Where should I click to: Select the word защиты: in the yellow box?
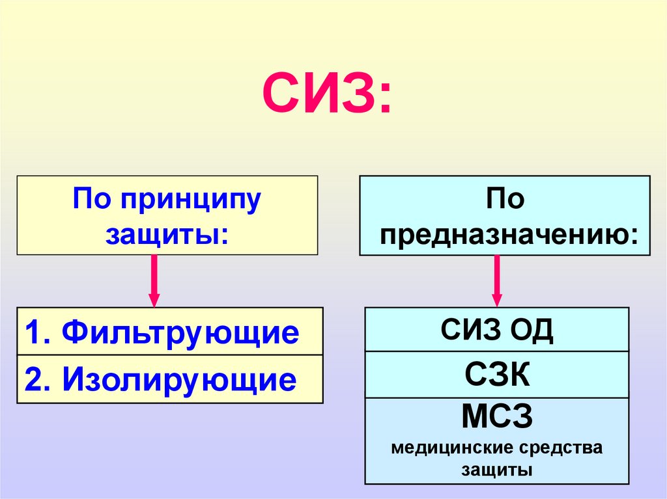click(167, 234)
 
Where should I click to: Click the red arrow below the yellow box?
click(154, 280)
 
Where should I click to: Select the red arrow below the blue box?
click(497, 280)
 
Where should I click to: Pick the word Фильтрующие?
click(181, 332)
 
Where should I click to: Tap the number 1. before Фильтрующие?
click(40, 332)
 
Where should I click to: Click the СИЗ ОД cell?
click(497, 330)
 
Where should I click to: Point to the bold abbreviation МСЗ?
click(497, 418)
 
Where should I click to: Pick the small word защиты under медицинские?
click(497, 470)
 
